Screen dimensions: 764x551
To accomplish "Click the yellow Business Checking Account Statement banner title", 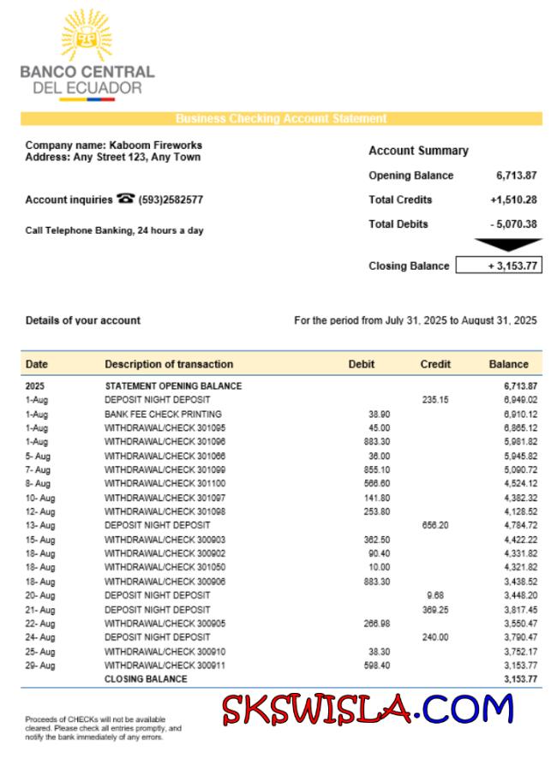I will click(281, 119).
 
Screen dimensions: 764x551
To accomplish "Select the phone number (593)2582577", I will click(171, 200).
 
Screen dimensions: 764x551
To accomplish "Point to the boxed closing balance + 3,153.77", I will click(499, 266).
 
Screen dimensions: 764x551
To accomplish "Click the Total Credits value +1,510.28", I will click(513, 200).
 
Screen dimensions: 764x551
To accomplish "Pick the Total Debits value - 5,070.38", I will click(513, 224).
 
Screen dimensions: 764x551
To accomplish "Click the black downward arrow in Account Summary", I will click(507, 245).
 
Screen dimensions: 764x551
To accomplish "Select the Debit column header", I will click(362, 364).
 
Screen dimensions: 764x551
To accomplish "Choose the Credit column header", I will click(435, 364).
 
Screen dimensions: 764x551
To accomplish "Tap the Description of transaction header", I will click(169, 364).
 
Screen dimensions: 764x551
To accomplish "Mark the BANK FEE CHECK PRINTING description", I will click(163, 414).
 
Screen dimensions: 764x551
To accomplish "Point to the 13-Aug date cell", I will click(40, 526).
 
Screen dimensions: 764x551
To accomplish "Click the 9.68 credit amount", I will click(435, 595).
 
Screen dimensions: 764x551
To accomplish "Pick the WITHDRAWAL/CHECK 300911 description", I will click(165, 666).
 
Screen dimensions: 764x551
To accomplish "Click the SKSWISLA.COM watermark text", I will click(368, 709).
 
